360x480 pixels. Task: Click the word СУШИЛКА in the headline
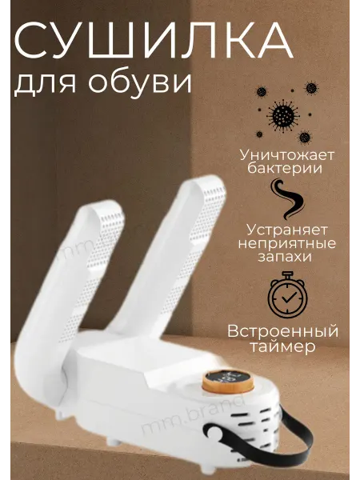[153, 41]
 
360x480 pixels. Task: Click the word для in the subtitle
[45, 83]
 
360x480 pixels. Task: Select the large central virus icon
[283, 115]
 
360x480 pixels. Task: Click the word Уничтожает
[287, 155]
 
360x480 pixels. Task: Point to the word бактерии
[285, 168]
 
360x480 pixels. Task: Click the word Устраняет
[287, 230]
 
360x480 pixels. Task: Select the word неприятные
[287, 244]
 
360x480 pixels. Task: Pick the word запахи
[285, 257]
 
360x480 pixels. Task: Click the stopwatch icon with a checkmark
[287, 294]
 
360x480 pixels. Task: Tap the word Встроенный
[283, 332]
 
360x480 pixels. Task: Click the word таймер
[282, 347]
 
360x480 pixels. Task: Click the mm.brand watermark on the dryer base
[194, 414]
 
